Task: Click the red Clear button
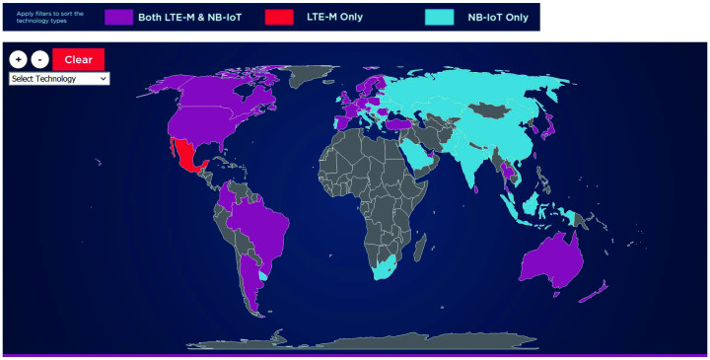pyautogui.click(x=78, y=59)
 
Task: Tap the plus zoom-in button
pyautogui.click(x=18, y=59)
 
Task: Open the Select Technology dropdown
pyautogui.click(x=59, y=78)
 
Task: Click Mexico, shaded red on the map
pyautogui.click(x=184, y=156)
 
